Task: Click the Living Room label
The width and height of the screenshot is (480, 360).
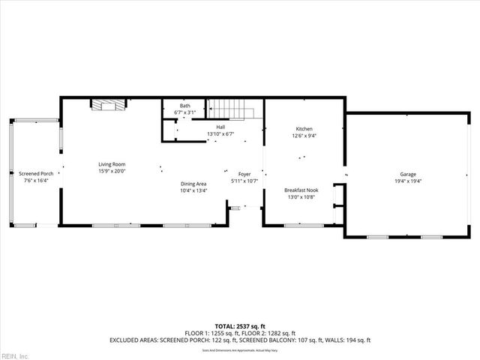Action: tap(111, 164)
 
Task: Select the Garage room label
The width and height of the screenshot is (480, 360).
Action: tap(407, 174)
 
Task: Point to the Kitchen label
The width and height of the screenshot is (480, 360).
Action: tap(304, 129)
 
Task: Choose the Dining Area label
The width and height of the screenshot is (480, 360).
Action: tap(193, 184)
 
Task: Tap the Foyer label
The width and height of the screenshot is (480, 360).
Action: tap(244, 174)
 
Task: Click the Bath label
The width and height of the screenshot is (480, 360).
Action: tap(184, 106)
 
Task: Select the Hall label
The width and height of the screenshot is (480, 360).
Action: tap(220, 127)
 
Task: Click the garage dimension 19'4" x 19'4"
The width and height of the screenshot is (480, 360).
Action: tap(407, 181)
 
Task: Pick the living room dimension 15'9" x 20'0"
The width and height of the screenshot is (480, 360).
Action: tap(111, 171)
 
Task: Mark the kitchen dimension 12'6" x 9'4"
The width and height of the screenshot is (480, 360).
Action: tap(304, 136)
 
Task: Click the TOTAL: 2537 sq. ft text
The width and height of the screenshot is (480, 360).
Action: tap(239, 327)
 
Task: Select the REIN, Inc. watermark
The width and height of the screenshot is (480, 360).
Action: tap(14, 355)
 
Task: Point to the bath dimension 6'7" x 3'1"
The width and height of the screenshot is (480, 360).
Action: tap(184, 112)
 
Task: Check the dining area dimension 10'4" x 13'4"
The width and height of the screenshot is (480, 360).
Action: tap(193, 190)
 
